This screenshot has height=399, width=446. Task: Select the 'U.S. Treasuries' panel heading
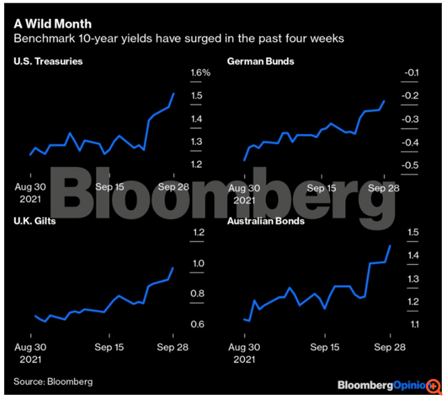click(48, 62)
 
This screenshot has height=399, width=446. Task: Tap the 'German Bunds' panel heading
click(261, 62)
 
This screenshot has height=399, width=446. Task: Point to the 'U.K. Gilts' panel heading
click(36, 222)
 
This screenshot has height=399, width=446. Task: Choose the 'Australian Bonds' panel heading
click(266, 222)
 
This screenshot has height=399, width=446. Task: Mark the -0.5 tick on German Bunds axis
click(411, 166)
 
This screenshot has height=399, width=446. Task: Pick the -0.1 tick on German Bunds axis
click(411, 73)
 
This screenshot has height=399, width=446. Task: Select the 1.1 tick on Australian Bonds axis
click(411, 324)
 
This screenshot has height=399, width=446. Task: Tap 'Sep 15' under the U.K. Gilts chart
click(109, 347)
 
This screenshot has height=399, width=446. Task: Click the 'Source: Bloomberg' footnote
click(53, 381)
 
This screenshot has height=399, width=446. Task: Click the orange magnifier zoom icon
click(434, 386)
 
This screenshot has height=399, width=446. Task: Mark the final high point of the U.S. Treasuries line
click(174, 93)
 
